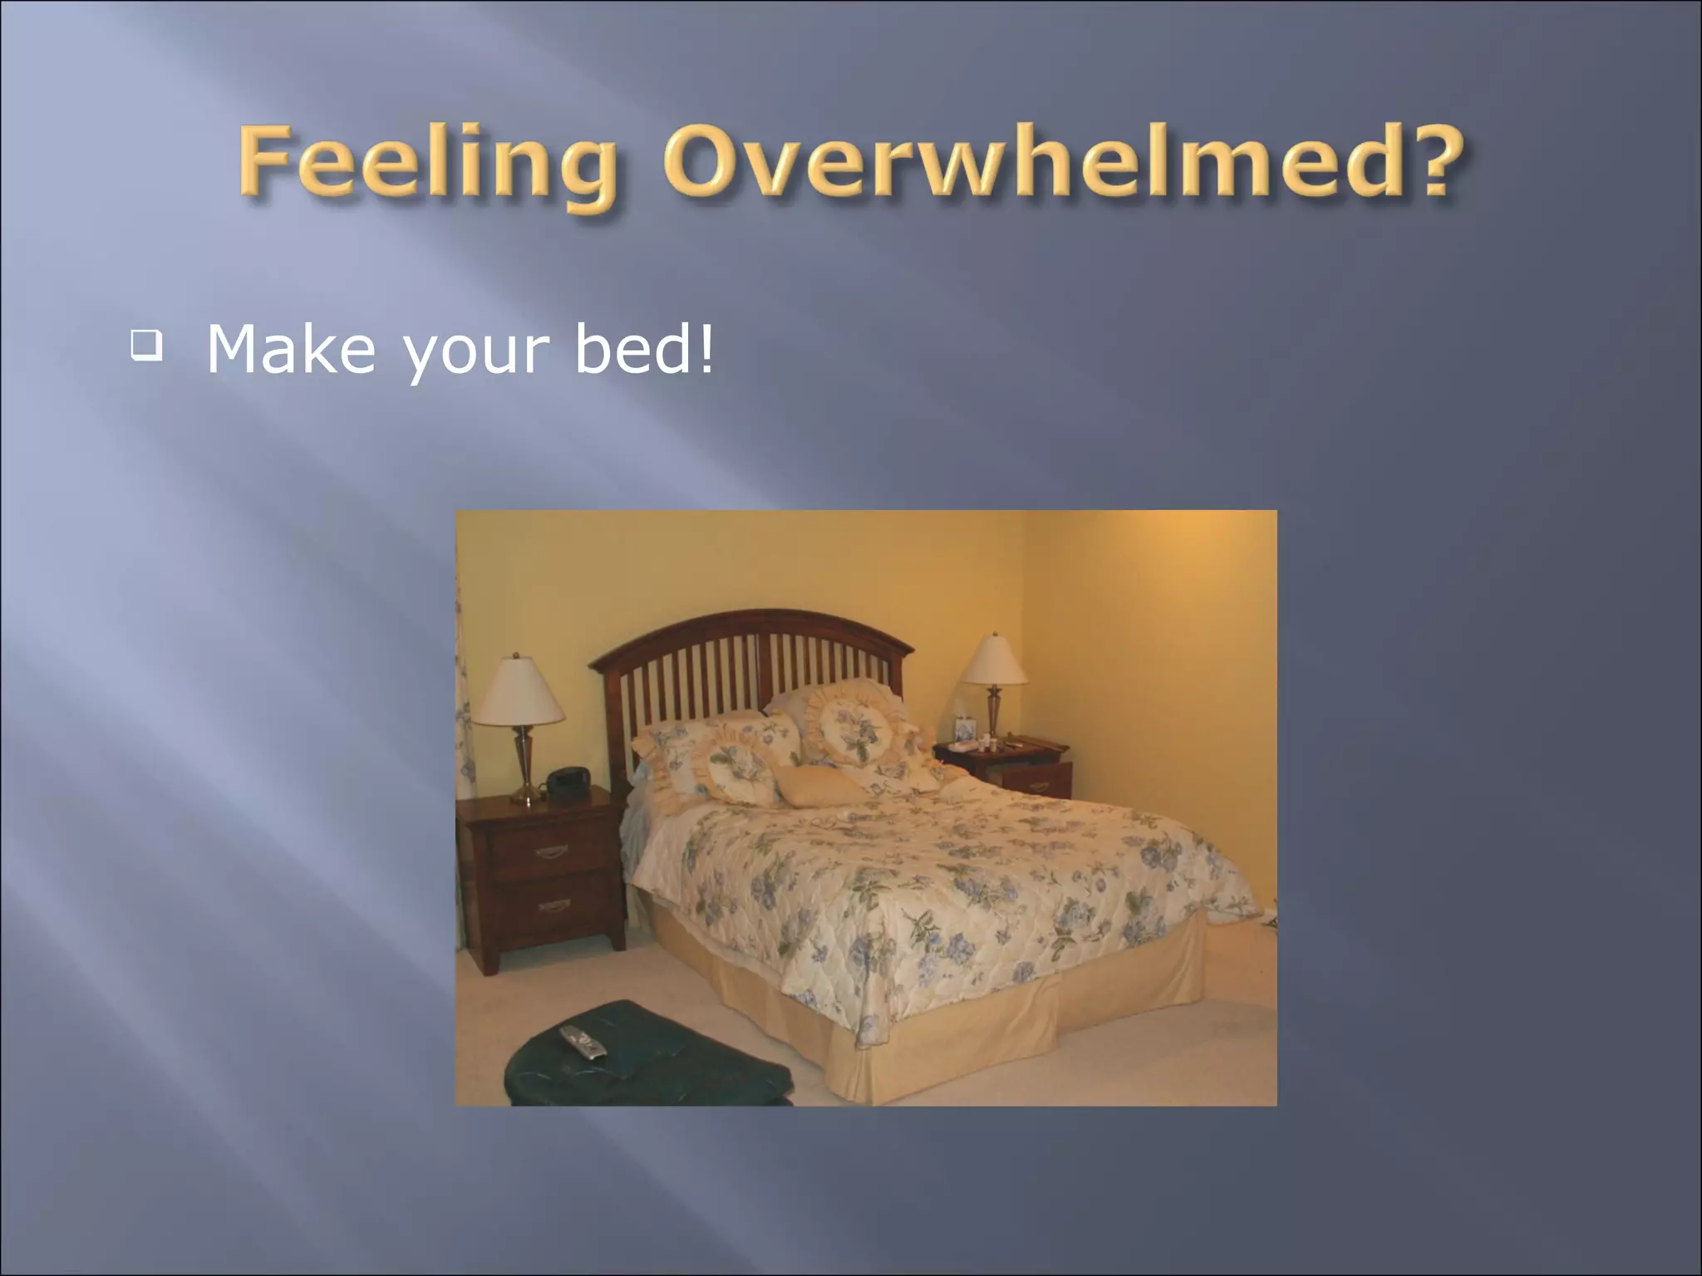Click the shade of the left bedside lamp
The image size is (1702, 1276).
click(519, 692)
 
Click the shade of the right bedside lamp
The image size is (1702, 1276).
click(994, 660)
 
